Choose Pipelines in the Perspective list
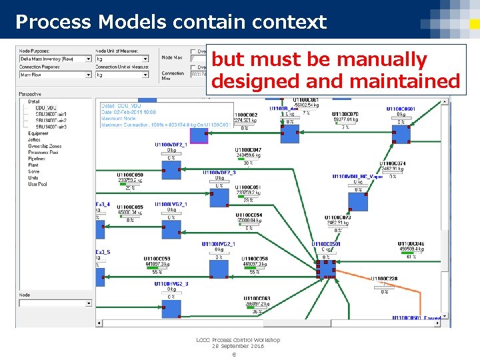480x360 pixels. [x=37, y=159]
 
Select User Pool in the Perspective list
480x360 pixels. [x=38, y=184]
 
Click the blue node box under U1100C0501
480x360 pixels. [x=326, y=268]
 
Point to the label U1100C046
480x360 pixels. [x=411, y=244]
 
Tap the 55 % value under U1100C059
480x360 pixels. [x=157, y=272]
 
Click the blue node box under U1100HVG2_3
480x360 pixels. [x=171, y=307]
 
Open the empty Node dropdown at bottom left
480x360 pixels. [x=55, y=303]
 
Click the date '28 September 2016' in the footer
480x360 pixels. [x=238, y=346]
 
